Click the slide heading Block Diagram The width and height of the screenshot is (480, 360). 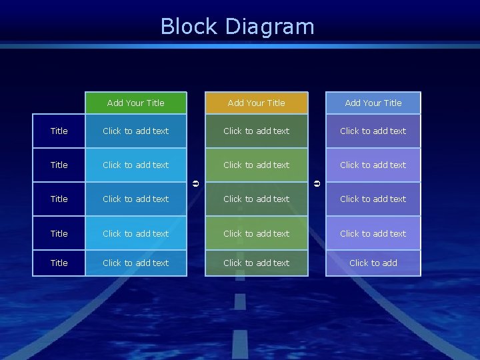tap(237, 27)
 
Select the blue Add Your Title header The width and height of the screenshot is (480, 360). tap(136, 103)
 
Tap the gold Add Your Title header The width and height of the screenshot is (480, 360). tap(257, 103)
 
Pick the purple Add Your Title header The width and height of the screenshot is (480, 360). tap(373, 103)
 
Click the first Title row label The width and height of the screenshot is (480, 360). tap(59, 131)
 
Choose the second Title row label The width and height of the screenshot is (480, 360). tap(59, 165)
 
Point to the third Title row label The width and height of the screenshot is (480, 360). tap(59, 199)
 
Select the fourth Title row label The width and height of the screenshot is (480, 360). tap(59, 233)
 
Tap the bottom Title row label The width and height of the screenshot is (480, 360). tap(59, 263)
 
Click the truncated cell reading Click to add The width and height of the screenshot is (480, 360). tap(373, 263)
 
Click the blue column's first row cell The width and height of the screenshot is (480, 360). tap(136, 131)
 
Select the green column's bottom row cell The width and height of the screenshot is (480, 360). tap(257, 263)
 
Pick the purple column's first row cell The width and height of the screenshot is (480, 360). tap(373, 131)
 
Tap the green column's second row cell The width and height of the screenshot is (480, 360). tap(257, 165)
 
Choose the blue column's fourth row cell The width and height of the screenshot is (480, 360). tap(136, 233)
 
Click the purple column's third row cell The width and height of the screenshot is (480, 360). tap(373, 199)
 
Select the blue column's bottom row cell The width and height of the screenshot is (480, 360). tap(136, 263)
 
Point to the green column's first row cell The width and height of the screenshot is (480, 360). tap(257, 131)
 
